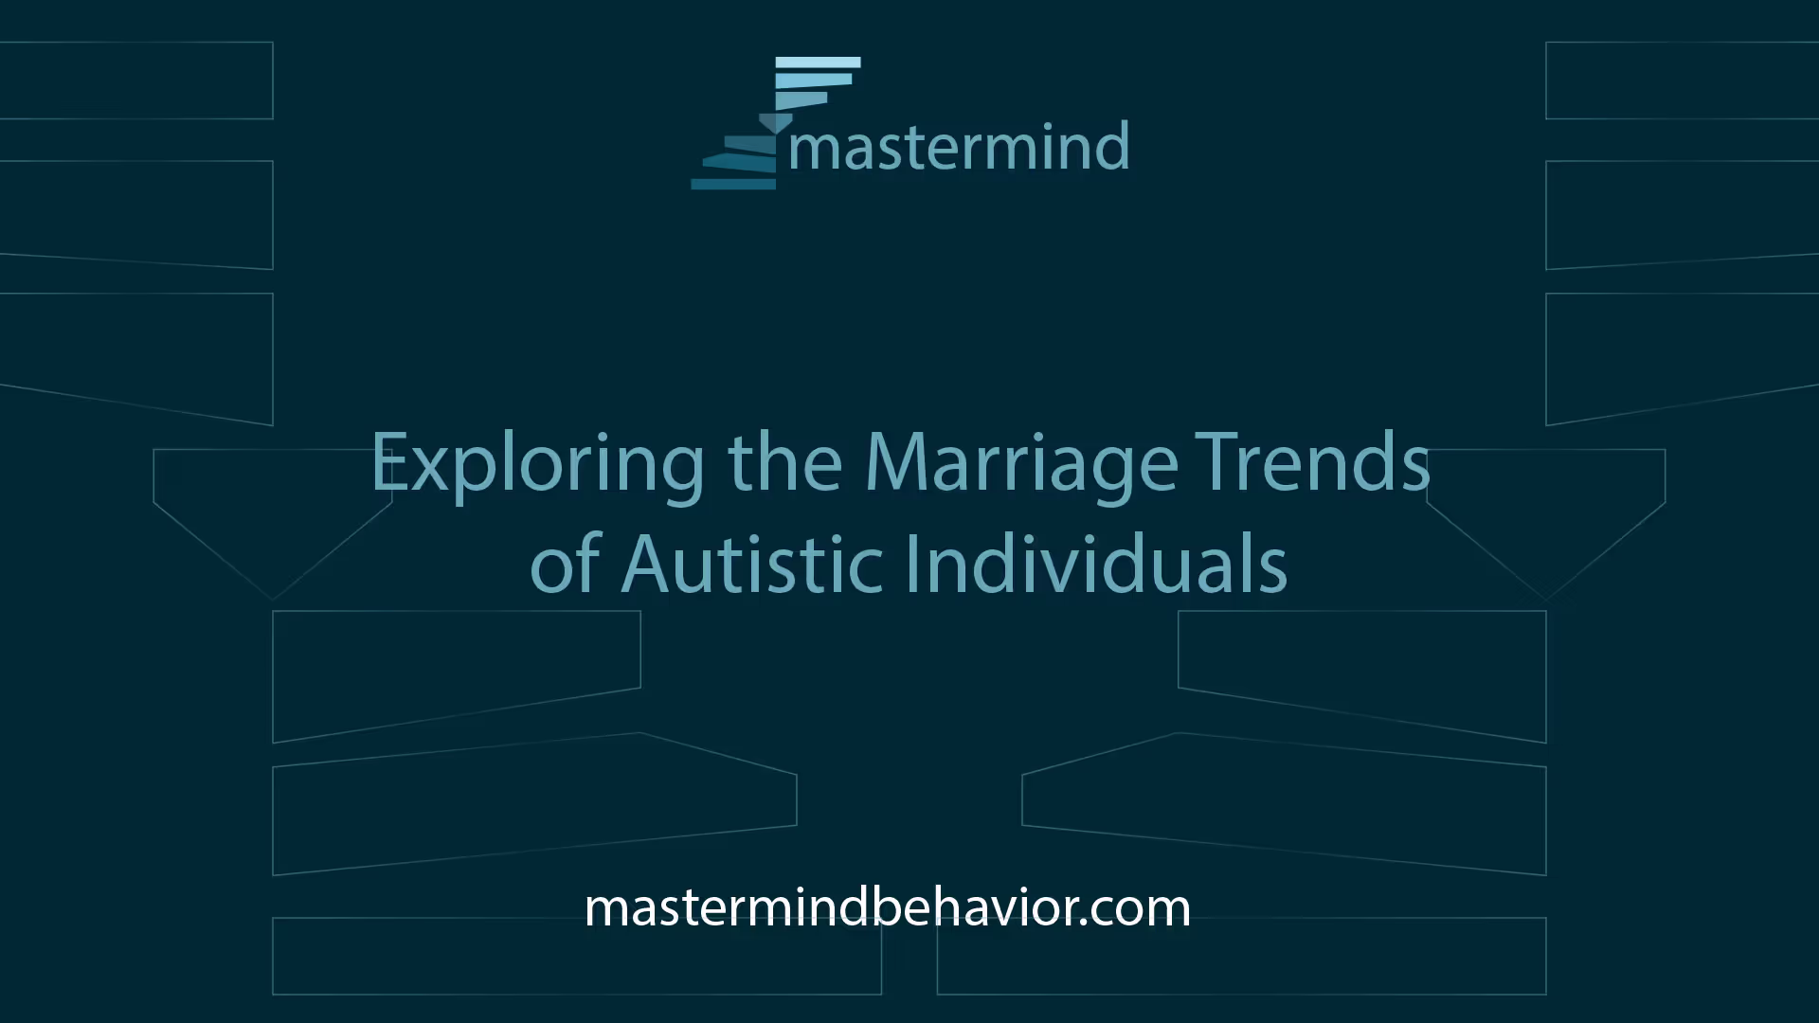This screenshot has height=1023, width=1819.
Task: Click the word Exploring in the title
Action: pos(537,463)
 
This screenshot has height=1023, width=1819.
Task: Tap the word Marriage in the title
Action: pos(1021,463)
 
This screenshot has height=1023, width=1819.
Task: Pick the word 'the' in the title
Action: pos(784,461)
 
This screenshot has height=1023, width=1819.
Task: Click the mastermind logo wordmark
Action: pos(959,148)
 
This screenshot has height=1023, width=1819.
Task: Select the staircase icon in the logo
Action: pos(776,123)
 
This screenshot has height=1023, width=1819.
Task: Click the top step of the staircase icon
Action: pos(819,63)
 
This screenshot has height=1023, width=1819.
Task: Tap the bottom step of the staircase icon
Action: pos(733,184)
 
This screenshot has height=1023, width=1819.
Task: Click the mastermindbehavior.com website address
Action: pos(888,907)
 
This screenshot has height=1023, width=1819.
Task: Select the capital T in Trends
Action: pos(1216,461)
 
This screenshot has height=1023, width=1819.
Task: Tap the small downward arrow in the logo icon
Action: pos(776,123)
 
